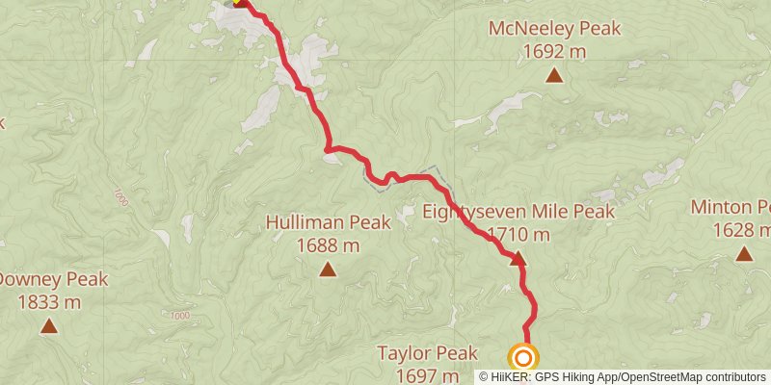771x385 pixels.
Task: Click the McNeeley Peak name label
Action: point(554,29)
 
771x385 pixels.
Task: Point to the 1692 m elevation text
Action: point(554,51)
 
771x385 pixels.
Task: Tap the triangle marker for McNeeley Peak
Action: point(554,75)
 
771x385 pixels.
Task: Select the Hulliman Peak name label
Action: point(329,223)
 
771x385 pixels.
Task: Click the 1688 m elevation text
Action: point(329,245)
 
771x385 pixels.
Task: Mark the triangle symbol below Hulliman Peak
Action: point(329,269)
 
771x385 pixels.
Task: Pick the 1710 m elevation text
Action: point(518,234)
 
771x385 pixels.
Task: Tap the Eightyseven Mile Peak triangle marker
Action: point(518,258)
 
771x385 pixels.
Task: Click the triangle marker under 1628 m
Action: point(744,254)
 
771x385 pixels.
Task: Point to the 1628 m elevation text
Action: point(741,230)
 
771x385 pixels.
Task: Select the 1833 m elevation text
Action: point(48,303)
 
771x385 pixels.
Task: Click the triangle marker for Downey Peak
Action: point(48,327)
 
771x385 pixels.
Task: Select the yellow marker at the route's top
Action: point(236,2)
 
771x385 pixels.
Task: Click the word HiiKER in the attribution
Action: point(512,376)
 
